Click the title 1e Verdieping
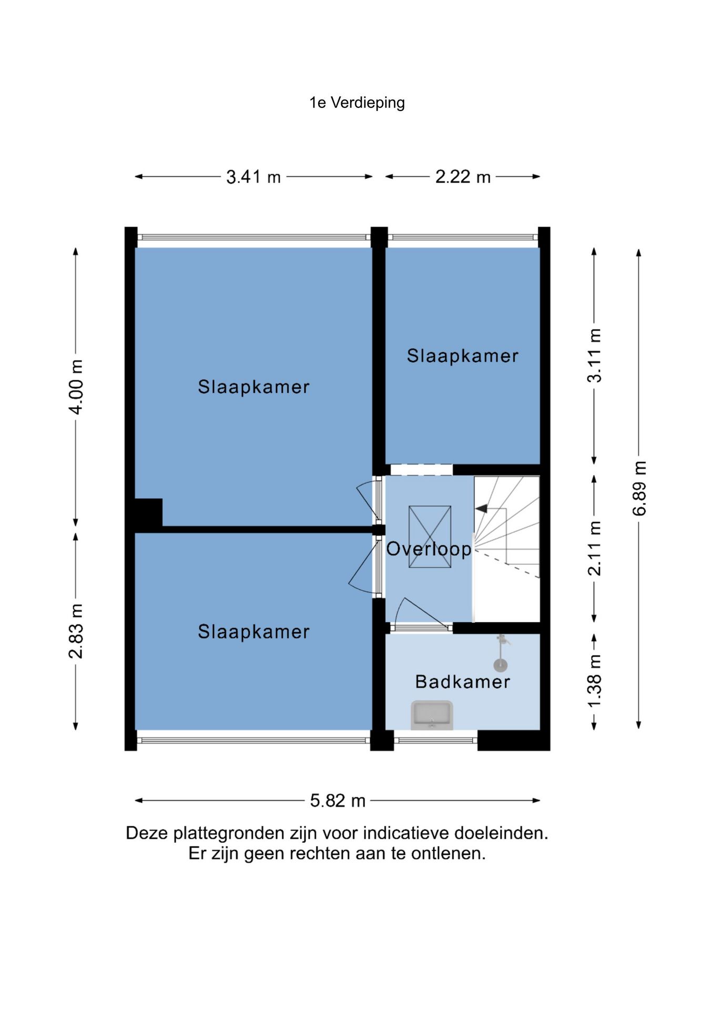[357, 103]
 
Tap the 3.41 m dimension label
[253, 177]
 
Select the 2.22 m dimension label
[463, 177]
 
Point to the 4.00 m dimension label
[76, 387]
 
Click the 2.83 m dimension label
[76, 631]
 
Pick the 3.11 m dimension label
[594, 356]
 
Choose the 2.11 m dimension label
[594, 549]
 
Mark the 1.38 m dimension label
[594, 682]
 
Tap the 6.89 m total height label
[639, 488]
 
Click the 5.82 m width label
[338, 801]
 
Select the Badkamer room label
[463, 682]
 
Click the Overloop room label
[429, 549]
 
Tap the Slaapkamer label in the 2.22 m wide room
[463, 356]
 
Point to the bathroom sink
[432, 715]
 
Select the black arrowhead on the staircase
[481, 509]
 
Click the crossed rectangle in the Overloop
[430, 537]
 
